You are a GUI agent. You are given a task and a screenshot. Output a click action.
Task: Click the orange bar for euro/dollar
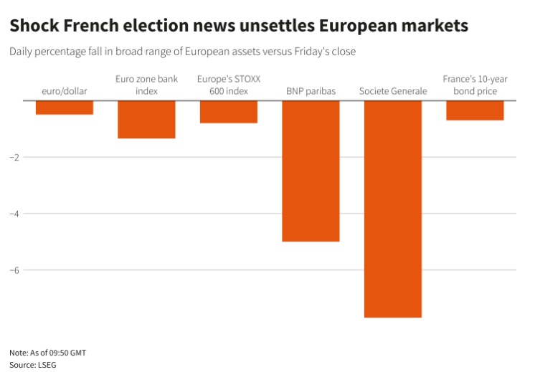64,108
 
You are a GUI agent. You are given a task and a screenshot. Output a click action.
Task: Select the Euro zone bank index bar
146,119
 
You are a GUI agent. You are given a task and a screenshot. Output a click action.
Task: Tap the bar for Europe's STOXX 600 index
228,112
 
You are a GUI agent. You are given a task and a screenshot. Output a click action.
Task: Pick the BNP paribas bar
311,171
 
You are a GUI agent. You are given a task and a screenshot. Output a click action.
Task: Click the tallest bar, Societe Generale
392,209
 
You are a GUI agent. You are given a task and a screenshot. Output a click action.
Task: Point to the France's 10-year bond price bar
475,110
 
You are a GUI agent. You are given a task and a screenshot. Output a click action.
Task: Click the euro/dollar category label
64,91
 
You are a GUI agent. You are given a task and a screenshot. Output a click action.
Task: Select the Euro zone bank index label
146,85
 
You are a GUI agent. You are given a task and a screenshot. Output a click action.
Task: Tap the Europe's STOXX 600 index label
228,85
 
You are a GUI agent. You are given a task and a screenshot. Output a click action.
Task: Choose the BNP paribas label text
311,91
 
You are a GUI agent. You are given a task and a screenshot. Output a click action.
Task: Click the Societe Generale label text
392,91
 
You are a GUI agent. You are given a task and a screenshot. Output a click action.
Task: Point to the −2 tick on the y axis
14,157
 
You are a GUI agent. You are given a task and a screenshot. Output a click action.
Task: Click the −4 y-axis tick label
14,214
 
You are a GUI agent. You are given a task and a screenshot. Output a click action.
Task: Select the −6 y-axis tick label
14,270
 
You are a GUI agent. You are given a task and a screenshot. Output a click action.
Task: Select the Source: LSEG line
33,364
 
